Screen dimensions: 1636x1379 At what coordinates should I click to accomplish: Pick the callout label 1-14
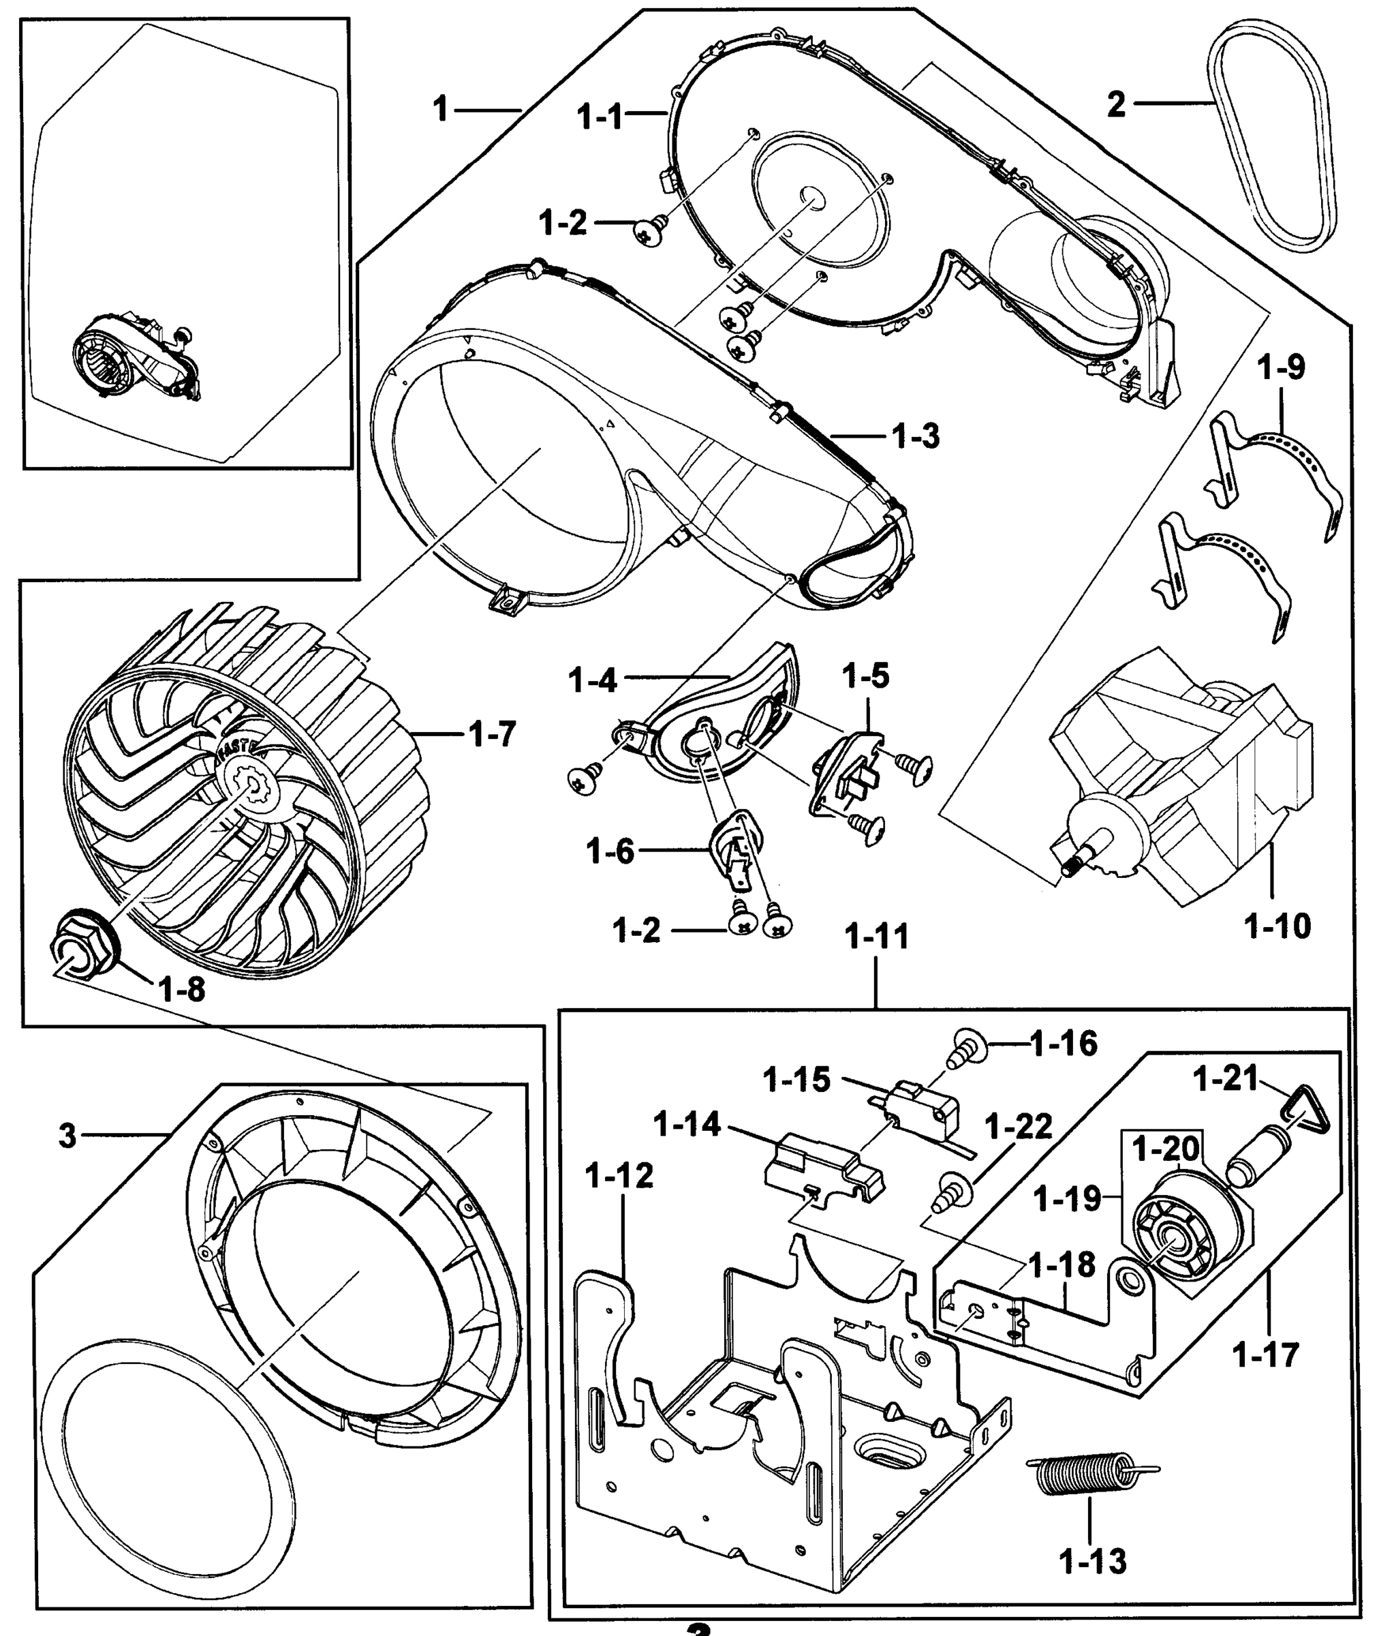pyautogui.click(x=686, y=1125)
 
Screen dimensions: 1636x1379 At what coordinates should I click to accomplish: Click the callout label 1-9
pyautogui.click(x=1282, y=367)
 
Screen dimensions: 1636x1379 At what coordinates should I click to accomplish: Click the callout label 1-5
pyautogui.click(x=865, y=675)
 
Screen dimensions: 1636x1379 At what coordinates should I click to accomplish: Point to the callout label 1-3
pyautogui.click(x=916, y=437)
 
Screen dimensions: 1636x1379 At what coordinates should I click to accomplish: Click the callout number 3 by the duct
pyautogui.click(x=67, y=1136)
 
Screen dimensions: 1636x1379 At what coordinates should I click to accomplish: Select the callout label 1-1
pyautogui.click(x=600, y=117)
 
